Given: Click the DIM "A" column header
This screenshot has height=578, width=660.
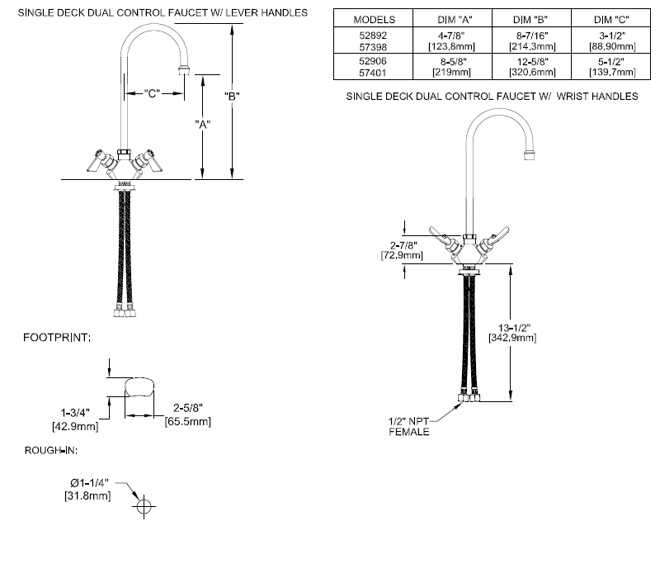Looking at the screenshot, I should (450, 18).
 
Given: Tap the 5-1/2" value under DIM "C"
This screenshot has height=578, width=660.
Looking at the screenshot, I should (613, 59).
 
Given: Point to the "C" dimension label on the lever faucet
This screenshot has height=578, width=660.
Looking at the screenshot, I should (152, 93).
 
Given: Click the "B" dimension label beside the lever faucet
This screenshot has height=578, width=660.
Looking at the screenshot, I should (233, 96).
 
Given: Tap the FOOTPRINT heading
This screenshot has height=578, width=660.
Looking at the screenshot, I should (57, 338).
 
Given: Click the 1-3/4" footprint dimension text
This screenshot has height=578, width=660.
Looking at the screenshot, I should (72, 411).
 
